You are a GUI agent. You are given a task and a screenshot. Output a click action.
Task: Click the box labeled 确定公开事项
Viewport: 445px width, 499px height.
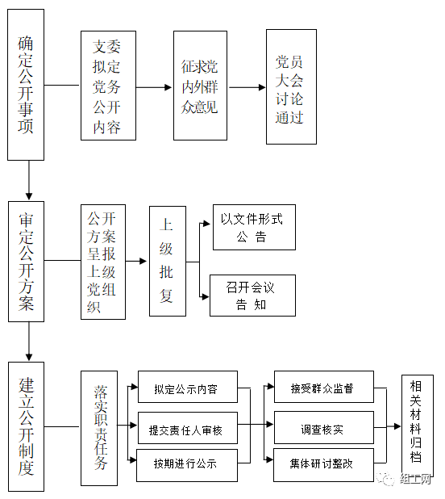pyautogui.click(x=26, y=85)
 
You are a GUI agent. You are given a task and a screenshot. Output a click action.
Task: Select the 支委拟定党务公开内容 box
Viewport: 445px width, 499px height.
pyautogui.click(x=108, y=86)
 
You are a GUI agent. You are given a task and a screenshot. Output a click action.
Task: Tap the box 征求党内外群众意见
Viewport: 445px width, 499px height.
pyautogui.click(x=200, y=86)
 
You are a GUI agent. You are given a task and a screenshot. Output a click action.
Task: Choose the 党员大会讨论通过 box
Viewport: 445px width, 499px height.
pyautogui.click(x=291, y=86)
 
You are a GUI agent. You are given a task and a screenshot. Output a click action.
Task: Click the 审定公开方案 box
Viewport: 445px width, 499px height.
pyautogui.click(x=26, y=262)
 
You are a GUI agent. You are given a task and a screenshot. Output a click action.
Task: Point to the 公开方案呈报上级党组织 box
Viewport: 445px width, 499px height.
pyautogui.click(x=103, y=262)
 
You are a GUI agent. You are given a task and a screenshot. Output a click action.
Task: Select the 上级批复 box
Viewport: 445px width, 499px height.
pyautogui.click(x=168, y=261)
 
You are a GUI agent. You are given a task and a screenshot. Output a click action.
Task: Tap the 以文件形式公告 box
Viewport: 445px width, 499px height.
pyautogui.click(x=254, y=227)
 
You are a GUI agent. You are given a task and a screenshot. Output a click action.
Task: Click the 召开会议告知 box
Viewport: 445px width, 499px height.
pyautogui.click(x=252, y=296)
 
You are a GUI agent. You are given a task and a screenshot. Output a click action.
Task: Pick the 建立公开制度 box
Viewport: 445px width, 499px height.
pyautogui.click(x=26, y=426)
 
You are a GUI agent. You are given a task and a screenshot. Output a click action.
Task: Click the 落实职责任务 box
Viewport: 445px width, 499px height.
pyautogui.click(x=99, y=428)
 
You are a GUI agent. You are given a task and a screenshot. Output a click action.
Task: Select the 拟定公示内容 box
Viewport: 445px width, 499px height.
pyautogui.click(x=188, y=387)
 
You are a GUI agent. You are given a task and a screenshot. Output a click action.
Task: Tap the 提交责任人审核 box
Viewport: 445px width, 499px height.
pyautogui.click(x=188, y=428)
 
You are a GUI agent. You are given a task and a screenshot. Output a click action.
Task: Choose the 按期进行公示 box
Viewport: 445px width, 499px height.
pyautogui.click(x=187, y=465)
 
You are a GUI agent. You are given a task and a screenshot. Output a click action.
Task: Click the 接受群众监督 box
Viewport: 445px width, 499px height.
pyautogui.click(x=324, y=387)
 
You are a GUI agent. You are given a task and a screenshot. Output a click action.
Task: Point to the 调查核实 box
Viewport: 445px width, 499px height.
pyautogui.click(x=324, y=427)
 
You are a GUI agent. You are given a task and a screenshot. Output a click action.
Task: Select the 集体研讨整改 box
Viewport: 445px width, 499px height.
pyautogui.click(x=323, y=465)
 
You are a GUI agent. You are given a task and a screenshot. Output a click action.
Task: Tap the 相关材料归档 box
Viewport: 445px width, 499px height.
pyautogui.click(x=418, y=426)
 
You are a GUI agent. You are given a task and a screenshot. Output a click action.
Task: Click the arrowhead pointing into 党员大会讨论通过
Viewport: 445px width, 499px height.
pyautogui.click(x=262, y=87)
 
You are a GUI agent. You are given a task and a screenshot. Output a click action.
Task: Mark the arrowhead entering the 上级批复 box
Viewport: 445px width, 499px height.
pyautogui.click(x=143, y=262)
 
